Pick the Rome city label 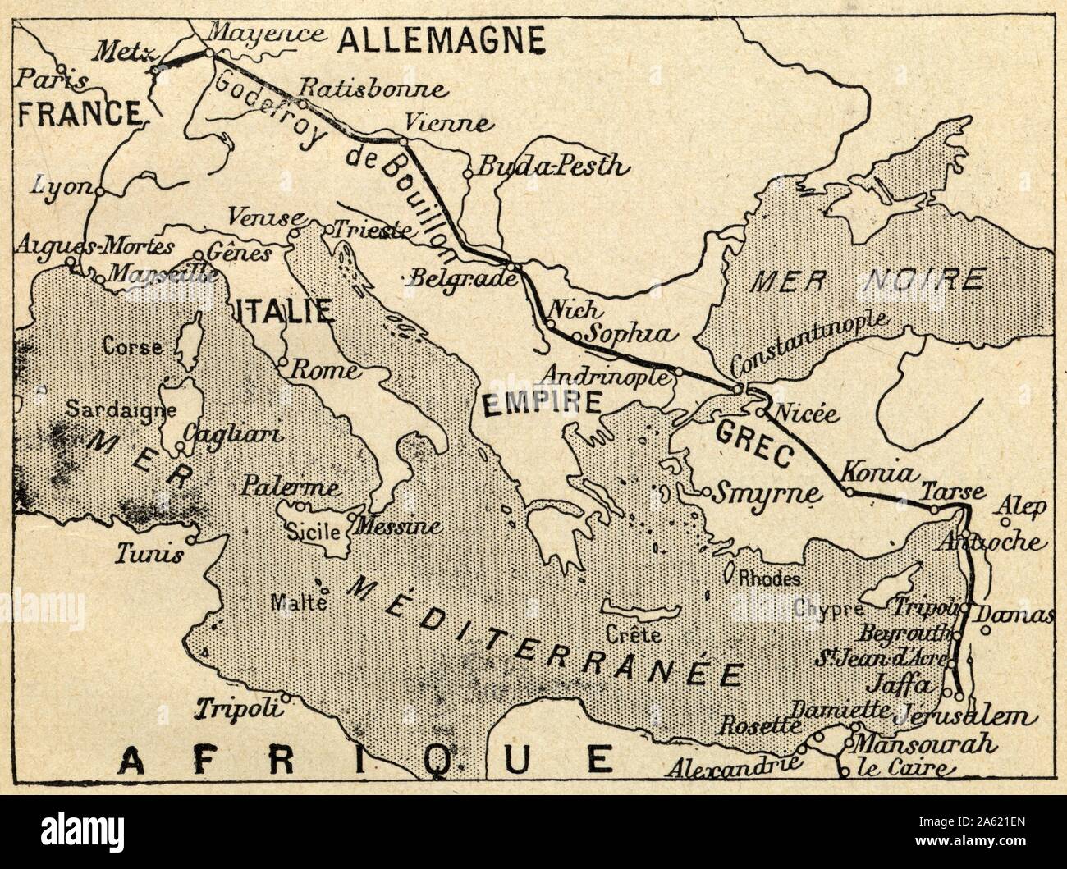click(x=324, y=370)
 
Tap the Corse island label click(x=132, y=347)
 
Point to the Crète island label click(x=645, y=634)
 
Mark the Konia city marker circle click(x=849, y=492)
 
